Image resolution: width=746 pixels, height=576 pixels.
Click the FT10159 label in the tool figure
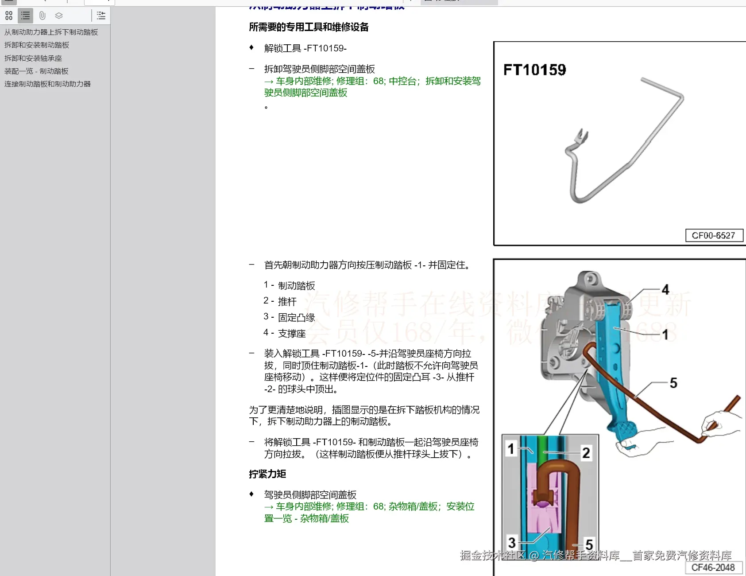(x=534, y=70)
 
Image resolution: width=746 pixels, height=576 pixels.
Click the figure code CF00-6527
(x=713, y=236)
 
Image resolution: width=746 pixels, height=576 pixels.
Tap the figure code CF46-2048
(x=713, y=568)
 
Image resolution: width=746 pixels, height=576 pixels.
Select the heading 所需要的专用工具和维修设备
(x=309, y=27)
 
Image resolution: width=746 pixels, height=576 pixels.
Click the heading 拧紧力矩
(x=267, y=474)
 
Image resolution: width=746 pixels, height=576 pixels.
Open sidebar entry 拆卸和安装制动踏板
(x=37, y=45)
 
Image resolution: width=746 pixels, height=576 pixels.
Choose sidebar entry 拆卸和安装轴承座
(x=33, y=58)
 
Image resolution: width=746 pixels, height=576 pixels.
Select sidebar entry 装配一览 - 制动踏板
(x=36, y=71)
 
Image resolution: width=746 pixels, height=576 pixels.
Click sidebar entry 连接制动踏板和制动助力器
(x=47, y=84)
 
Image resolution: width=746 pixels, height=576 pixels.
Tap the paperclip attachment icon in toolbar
(x=42, y=16)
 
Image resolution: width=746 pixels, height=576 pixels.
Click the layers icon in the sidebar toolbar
(x=59, y=16)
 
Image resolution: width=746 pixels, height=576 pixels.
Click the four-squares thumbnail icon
(x=9, y=16)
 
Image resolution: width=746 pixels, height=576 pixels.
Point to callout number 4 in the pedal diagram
(x=665, y=290)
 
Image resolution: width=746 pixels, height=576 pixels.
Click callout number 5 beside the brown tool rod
(x=673, y=383)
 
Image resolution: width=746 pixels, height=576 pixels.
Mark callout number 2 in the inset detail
(x=586, y=453)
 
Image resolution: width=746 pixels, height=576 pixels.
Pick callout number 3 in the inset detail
(x=512, y=542)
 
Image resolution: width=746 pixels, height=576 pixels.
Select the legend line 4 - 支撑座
(x=285, y=333)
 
